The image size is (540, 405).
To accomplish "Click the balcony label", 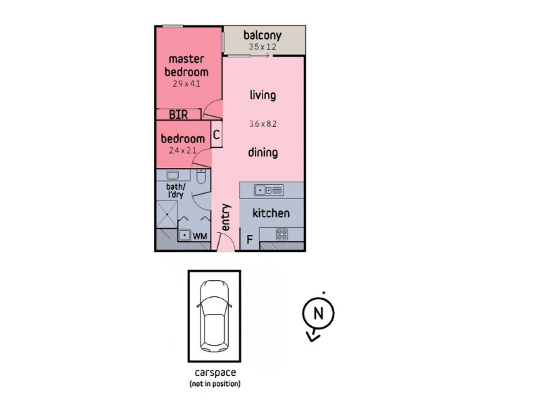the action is [263, 36].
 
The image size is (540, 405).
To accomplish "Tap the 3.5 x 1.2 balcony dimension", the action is [263, 47].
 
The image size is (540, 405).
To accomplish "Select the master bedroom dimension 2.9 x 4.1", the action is [186, 84].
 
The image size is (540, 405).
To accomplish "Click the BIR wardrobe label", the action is [178, 114].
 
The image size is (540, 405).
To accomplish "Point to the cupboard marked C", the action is [216, 134].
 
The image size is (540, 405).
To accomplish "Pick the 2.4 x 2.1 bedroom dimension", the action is [182, 151].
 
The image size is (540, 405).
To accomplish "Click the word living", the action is [263, 95].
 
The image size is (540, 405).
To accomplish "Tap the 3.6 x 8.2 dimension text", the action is [263, 124].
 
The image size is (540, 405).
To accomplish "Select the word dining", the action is [263, 153].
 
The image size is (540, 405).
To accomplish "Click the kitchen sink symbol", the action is [269, 190].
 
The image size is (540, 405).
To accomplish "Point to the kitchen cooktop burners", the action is [282, 234].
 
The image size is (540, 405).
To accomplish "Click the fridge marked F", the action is [250, 239].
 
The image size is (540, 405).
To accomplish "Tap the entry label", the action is [225, 217].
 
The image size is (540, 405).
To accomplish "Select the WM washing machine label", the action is [200, 236].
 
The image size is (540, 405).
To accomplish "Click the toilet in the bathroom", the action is [201, 176].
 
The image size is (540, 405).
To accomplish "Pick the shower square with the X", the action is [167, 215].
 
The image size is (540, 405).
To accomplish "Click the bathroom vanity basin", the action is [173, 175].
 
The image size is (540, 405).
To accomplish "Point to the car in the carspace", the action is [214, 316].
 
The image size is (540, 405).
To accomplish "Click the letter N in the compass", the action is [318, 313].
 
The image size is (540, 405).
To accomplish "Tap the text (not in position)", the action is [215, 383].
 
